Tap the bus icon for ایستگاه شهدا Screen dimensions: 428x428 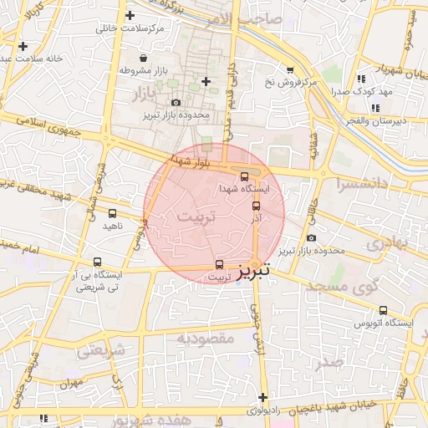[x=244, y=176]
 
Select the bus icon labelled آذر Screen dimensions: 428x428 [x=256, y=205]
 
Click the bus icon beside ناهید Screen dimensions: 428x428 [x=113, y=214]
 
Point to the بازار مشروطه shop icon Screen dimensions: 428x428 [x=144, y=59]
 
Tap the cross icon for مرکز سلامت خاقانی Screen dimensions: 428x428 [x=129, y=15]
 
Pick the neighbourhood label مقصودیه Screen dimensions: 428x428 [x=206, y=338]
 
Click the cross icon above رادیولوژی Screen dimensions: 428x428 [x=263, y=397]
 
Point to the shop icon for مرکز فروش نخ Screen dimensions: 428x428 [x=290, y=70]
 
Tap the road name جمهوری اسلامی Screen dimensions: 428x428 [x=64, y=133]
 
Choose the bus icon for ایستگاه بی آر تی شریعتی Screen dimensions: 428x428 [x=99, y=262]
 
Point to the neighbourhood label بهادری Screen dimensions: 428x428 [x=385, y=243]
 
